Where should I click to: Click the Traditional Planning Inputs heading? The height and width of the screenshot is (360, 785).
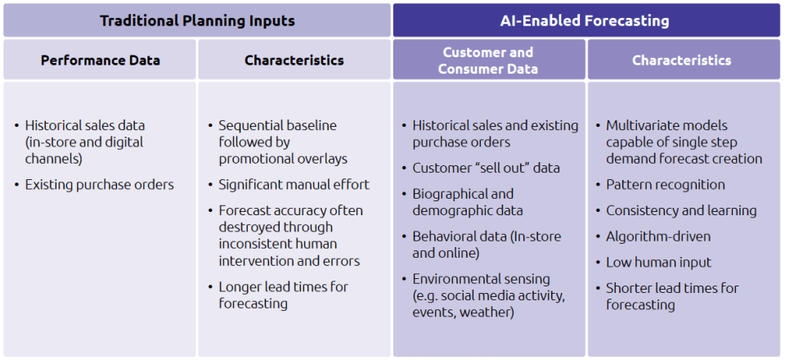(x=197, y=20)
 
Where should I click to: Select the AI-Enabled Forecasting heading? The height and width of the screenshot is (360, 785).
(x=585, y=20)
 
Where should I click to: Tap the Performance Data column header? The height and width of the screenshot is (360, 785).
(x=101, y=61)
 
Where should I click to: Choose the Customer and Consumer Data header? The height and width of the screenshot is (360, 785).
(x=488, y=61)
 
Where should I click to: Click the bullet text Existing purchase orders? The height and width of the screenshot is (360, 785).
(x=100, y=185)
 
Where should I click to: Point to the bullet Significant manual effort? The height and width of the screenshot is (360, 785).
(x=294, y=185)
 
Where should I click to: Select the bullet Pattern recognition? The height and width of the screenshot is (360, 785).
(x=666, y=185)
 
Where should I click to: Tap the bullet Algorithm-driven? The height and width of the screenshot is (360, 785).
(x=658, y=236)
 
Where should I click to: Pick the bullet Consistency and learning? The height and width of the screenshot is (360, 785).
(x=681, y=210)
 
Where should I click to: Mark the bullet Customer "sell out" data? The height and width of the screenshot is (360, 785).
(x=486, y=168)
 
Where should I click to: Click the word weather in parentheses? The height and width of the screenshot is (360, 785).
(x=487, y=313)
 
